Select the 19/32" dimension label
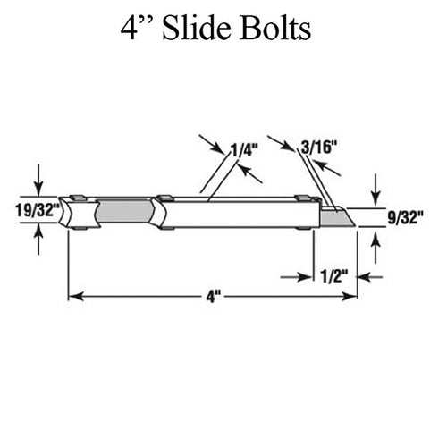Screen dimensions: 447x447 point(38,211)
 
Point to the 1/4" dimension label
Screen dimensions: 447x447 point(244,150)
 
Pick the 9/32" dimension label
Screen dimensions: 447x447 point(405,217)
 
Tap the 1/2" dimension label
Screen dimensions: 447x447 point(334,276)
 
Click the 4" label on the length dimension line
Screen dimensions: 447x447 point(214,297)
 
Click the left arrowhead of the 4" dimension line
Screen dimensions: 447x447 point(76,297)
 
